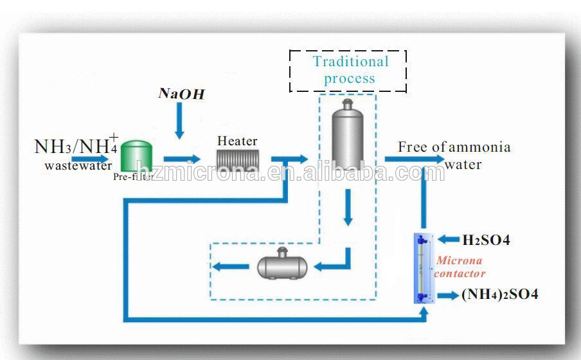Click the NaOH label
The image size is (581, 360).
pos(181,94)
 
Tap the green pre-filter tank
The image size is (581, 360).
pos(137,156)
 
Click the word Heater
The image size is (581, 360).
pos(237,141)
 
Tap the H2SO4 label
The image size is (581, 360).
pos(486,240)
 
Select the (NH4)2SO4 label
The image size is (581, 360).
pos(500,294)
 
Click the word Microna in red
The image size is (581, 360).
pos(459,260)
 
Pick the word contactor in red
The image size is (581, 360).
pos(460,274)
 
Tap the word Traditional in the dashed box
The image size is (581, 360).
pos(351,62)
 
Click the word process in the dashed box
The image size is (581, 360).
pos(350,79)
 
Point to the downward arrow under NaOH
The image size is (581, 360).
pos(180,120)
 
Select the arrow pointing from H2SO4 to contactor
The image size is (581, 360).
pos(449,240)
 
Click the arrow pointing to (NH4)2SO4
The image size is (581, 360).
pos(449,296)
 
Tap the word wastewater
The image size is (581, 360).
pos(78,165)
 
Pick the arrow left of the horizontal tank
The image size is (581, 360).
pos(231,266)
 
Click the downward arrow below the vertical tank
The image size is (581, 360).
pos(348,207)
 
